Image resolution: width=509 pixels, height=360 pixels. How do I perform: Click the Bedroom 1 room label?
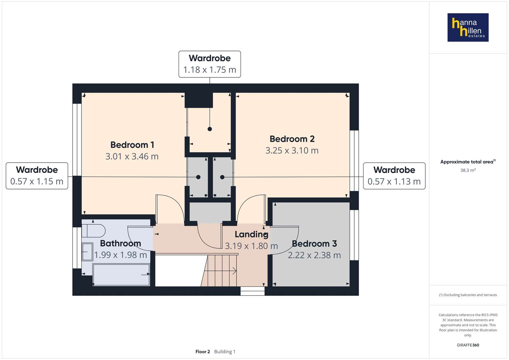tap(132, 145)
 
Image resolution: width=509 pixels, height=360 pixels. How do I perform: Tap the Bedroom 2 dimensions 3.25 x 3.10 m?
tap(292, 151)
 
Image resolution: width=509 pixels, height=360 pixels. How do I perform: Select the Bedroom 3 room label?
tap(314, 244)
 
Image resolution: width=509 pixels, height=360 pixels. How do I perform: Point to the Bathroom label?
tap(120, 244)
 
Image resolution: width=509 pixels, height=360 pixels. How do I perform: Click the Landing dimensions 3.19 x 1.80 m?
tap(251, 246)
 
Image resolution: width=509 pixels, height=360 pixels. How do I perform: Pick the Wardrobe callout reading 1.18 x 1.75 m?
tap(209, 64)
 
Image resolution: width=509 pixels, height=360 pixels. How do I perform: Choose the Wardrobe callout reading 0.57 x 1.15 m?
tap(37, 176)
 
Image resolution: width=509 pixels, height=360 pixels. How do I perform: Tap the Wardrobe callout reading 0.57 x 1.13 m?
tap(394, 176)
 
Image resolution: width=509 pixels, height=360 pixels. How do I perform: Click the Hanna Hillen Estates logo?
tap(468, 27)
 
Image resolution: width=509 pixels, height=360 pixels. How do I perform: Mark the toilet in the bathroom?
tap(93, 231)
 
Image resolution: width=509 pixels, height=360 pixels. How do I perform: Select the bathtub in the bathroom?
tap(121, 275)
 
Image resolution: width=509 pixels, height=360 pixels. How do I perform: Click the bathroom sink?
tap(87, 251)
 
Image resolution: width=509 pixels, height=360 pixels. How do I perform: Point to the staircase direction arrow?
tap(220, 271)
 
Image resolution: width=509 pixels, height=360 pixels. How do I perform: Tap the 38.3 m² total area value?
tap(468, 170)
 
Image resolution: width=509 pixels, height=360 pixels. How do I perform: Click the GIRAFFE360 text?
tap(468, 345)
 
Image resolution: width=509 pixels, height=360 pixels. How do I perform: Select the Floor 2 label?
tap(203, 352)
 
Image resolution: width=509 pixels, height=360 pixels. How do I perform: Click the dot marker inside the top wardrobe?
tap(210, 129)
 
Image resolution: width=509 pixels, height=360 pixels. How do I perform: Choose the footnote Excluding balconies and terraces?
tap(468, 295)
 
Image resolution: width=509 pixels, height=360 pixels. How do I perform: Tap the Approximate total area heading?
tap(468, 162)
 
